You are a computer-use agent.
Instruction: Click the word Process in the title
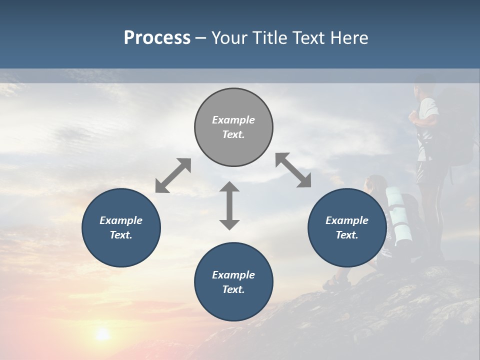click(157, 38)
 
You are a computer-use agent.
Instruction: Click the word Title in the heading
click(270, 38)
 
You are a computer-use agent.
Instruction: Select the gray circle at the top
click(233, 127)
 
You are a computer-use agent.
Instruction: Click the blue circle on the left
click(121, 227)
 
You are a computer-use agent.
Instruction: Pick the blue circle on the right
click(347, 227)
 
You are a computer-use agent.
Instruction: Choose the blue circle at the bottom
click(233, 282)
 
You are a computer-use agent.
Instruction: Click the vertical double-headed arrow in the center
click(229, 205)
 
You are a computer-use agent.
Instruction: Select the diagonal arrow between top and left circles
click(173, 175)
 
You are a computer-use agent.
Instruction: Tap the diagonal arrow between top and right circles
click(293, 170)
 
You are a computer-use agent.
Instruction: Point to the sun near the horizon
click(102, 334)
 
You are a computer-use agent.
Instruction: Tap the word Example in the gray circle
click(233, 120)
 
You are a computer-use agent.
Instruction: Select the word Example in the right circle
click(347, 220)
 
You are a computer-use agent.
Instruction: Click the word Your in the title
click(227, 38)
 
